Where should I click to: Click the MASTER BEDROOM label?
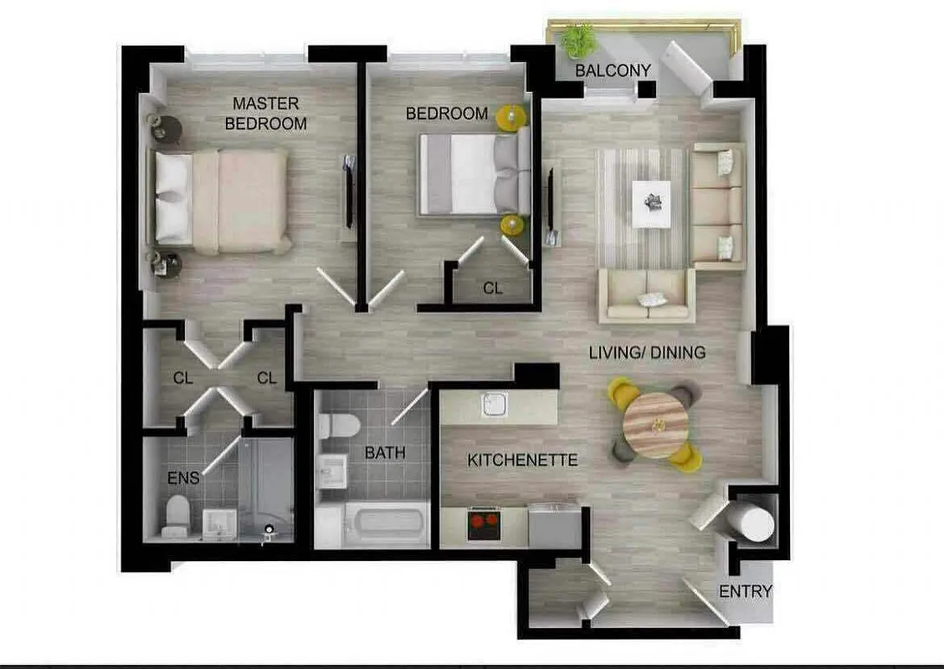click(x=265, y=113)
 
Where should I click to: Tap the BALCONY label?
click(x=613, y=70)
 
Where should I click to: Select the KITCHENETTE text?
click(x=510, y=460)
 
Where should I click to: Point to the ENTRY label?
click(x=745, y=591)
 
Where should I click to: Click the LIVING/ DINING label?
click(x=647, y=353)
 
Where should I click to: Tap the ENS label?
click(x=183, y=477)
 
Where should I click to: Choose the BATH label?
click(x=385, y=452)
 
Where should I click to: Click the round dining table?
click(x=656, y=425)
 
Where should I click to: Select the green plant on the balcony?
click(x=578, y=40)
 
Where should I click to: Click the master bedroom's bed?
click(x=222, y=201)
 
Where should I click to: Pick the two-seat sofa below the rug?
click(x=646, y=297)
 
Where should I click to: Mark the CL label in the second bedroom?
click(x=493, y=289)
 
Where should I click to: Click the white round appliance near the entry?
click(x=751, y=522)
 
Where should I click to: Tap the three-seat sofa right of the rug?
click(x=718, y=206)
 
